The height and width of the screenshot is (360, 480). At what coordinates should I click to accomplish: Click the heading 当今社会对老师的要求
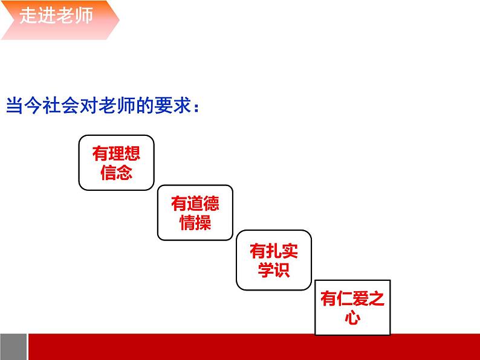[103, 106]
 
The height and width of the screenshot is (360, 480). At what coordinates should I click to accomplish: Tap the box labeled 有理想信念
[116, 162]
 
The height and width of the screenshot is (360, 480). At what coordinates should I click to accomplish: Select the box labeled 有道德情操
[195, 212]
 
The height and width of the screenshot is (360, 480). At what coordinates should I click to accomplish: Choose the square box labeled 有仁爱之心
[352, 307]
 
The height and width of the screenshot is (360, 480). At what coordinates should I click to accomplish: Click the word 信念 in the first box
[116, 173]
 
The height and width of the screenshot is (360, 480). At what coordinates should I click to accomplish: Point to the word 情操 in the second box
[195, 222]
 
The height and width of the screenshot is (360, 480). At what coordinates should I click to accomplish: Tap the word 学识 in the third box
[274, 269]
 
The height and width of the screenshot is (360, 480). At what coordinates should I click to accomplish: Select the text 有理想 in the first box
[116, 153]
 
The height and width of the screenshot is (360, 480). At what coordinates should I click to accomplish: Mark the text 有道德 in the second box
[195, 204]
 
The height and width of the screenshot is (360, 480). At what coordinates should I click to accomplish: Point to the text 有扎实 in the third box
[274, 249]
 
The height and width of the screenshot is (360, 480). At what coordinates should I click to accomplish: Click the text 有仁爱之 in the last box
[352, 299]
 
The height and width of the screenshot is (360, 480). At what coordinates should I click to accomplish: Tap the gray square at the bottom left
[13, 346]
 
